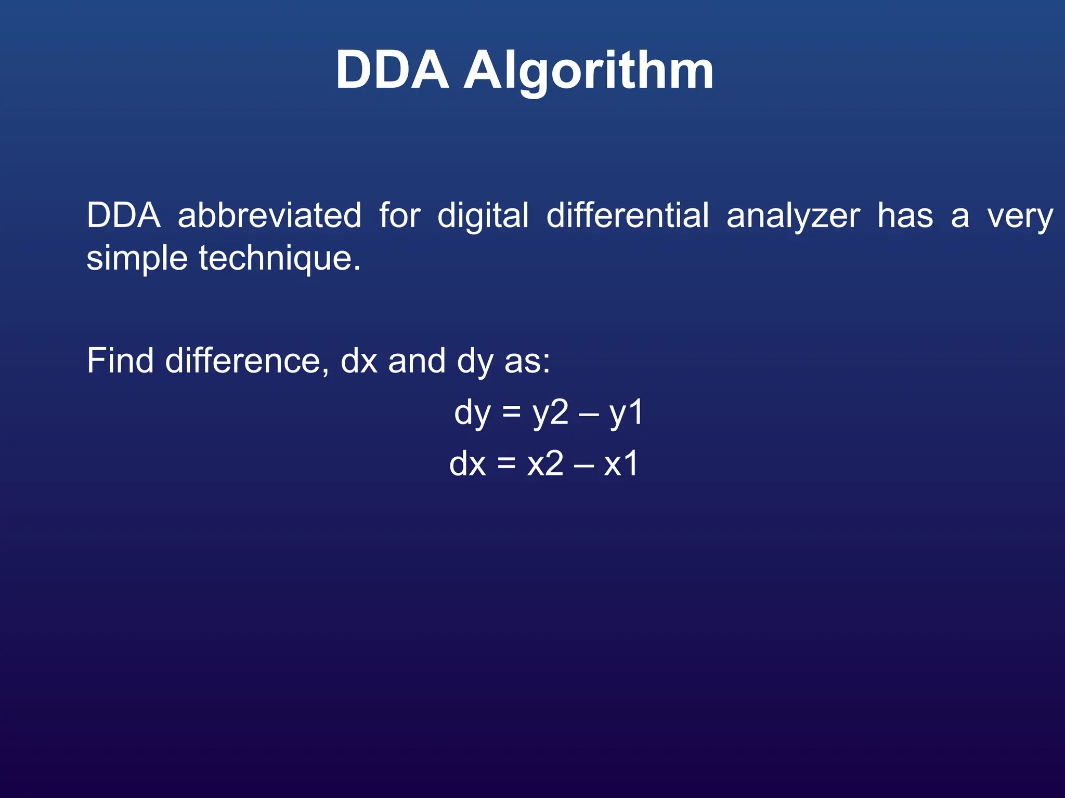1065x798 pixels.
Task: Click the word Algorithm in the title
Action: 588,71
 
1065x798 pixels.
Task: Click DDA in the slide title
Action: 392,70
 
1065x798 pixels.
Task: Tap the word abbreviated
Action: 269,215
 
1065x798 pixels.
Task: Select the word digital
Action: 483,216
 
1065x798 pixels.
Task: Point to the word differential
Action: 627,215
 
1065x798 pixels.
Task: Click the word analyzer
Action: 793,216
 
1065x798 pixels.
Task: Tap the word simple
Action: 136,258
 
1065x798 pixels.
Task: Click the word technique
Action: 279,258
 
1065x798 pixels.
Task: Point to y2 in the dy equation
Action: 550,413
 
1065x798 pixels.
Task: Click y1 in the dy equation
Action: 626,413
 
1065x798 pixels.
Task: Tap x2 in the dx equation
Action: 545,463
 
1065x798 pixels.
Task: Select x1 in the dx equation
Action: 621,463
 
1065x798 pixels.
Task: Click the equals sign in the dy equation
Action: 511,413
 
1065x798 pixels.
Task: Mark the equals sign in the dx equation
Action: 506,463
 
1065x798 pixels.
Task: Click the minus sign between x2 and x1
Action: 583,464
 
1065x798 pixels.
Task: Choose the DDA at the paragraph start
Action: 123,215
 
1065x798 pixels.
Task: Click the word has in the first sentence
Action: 905,215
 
